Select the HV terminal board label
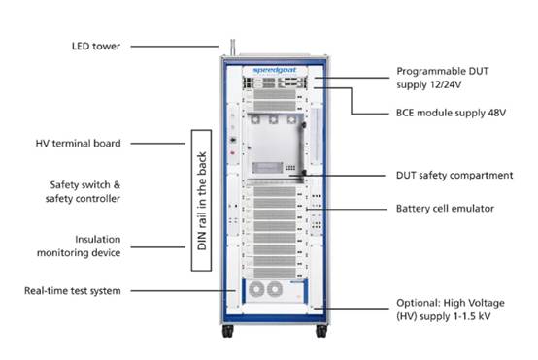[85, 143]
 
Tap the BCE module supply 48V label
[451, 114]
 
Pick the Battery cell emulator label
[445, 208]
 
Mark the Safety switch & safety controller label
[85, 191]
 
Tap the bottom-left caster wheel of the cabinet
[228, 333]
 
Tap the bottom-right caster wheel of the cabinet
[321, 333]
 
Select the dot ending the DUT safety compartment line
[308, 175]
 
